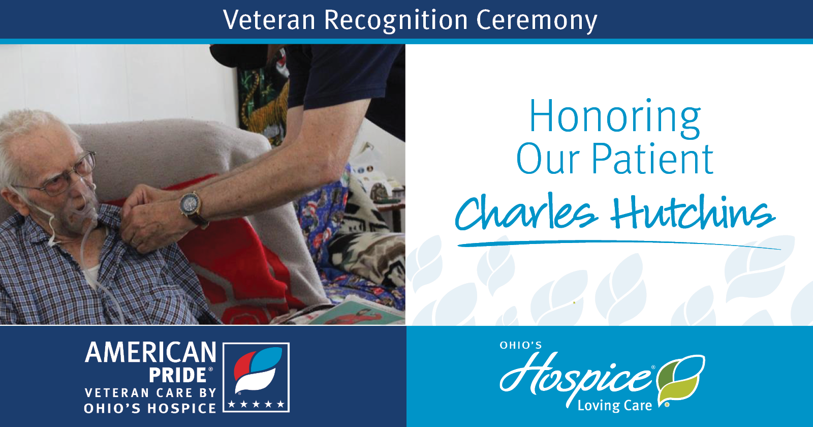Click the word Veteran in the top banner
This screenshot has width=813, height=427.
tap(269, 20)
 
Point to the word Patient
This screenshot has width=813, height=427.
tap(652, 159)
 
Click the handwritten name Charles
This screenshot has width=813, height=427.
tap(525, 213)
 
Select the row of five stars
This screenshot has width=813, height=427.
tap(256, 404)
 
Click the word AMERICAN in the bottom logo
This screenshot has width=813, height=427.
tap(150, 352)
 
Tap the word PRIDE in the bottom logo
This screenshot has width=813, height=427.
tap(178, 376)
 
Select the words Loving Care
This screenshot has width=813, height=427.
tap(615, 405)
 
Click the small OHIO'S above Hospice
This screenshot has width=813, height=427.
tap(521, 345)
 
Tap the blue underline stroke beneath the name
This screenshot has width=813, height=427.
tap(619, 243)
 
